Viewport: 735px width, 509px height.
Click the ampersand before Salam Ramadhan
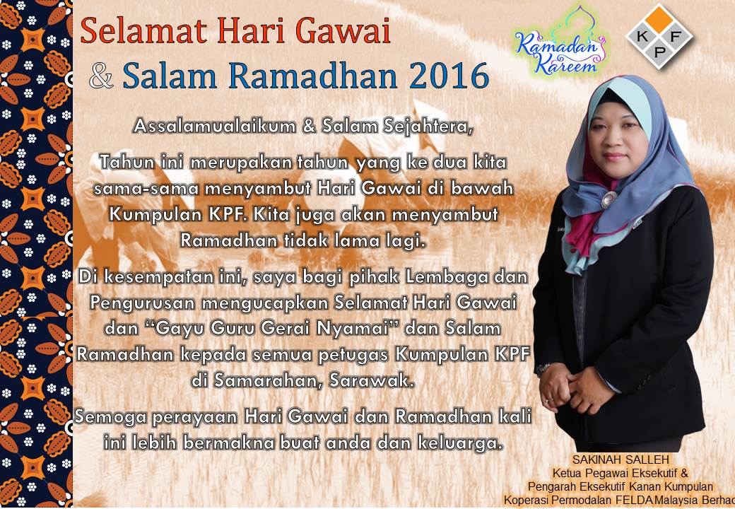tap(101, 76)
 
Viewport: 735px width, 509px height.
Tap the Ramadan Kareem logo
tap(559, 47)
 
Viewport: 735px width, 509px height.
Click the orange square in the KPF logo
tap(659, 20)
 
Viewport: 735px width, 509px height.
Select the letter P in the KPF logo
tap(659, 52)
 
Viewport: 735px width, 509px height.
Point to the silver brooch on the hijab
tap(609, 199)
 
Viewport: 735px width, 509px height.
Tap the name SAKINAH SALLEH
tap(621, 459)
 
